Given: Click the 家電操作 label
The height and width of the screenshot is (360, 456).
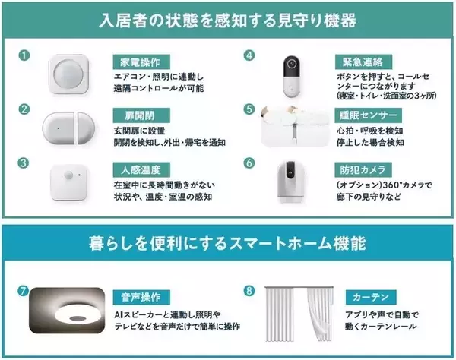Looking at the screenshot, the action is pyautogui.click(x=141, y=62).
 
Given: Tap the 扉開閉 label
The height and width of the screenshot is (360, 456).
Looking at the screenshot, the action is pyautogui.click(x=141, y=115).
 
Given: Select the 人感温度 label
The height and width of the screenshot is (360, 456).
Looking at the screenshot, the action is pyautogui.click(x=141, y=169).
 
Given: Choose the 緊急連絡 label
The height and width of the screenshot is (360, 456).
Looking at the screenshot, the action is pyautogui.click(x=363, y=62).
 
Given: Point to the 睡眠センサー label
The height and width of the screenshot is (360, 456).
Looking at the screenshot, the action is pyautogui.click(x=368, y=115).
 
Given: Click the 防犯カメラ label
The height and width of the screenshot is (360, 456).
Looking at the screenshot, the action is pyautogui.click(x=363, y=169).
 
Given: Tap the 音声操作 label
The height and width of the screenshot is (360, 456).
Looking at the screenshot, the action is pyautogui.click(x=141, y=297).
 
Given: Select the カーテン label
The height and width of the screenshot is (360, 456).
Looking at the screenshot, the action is pyautogui.click(x=371, y=297).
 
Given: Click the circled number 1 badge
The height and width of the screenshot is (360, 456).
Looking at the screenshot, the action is pyautogui.click(x=24, y=55).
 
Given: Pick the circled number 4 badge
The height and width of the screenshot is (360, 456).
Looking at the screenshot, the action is pyautogui.click(x=249, y=55).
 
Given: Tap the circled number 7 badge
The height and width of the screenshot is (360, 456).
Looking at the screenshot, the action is pyautogui.click(x=23, y=291).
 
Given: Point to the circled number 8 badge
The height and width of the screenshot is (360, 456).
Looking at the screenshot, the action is pyautogui.click(x=249, y=291).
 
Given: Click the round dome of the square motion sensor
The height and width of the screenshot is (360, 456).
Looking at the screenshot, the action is pyautogui.click(x=68, y=74).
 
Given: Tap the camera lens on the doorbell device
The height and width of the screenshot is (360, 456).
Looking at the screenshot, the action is pyautogui.click(x=292, y=63).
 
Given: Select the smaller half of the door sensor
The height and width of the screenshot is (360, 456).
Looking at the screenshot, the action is pyautogui.click(x=86, y=128).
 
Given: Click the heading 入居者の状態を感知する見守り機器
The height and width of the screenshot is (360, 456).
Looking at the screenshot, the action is pyautogui.click(x=227, y=21).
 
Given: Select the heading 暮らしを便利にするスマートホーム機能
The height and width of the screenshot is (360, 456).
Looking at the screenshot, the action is pyautogui.click(x=227, y=244).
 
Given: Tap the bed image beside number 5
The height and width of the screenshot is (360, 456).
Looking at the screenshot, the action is pyautogui.click(x=295, y=126).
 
